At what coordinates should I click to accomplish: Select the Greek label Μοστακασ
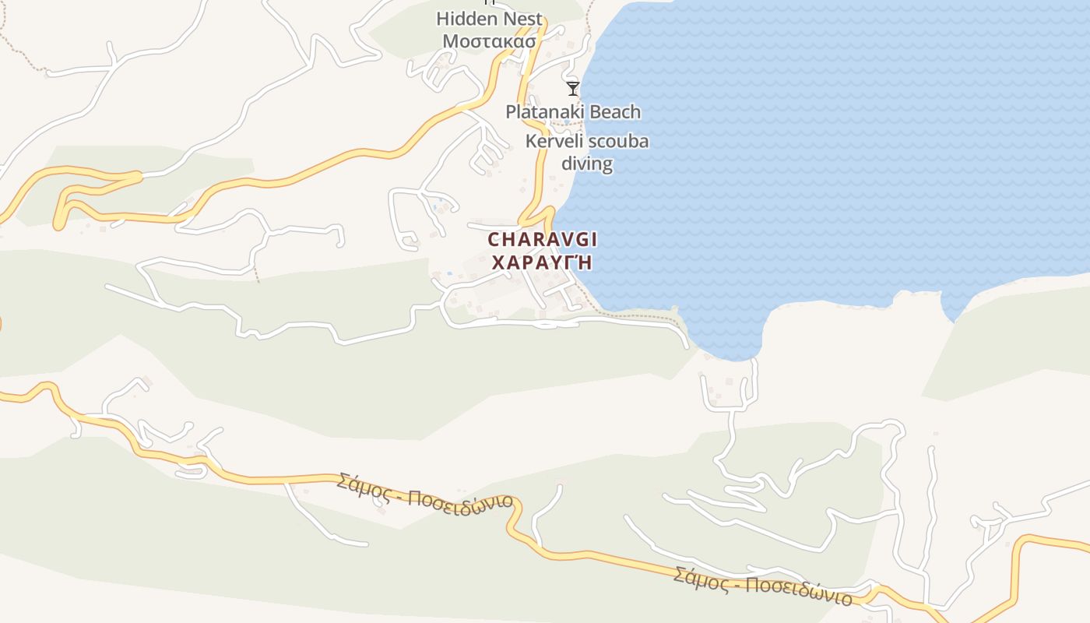pos(490,40)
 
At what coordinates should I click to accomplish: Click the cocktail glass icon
pos(573,88)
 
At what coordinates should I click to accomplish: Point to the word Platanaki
pos(543,112)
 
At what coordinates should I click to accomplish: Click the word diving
pos(587,164)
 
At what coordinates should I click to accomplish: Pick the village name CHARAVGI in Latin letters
pos(543,240)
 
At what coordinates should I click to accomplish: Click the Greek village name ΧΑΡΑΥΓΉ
pos(542,262)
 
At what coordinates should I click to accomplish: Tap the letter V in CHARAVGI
pos(557,240)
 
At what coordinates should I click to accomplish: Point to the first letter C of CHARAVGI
pos(494,240)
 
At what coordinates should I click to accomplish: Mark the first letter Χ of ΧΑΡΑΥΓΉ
pos(498,262)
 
